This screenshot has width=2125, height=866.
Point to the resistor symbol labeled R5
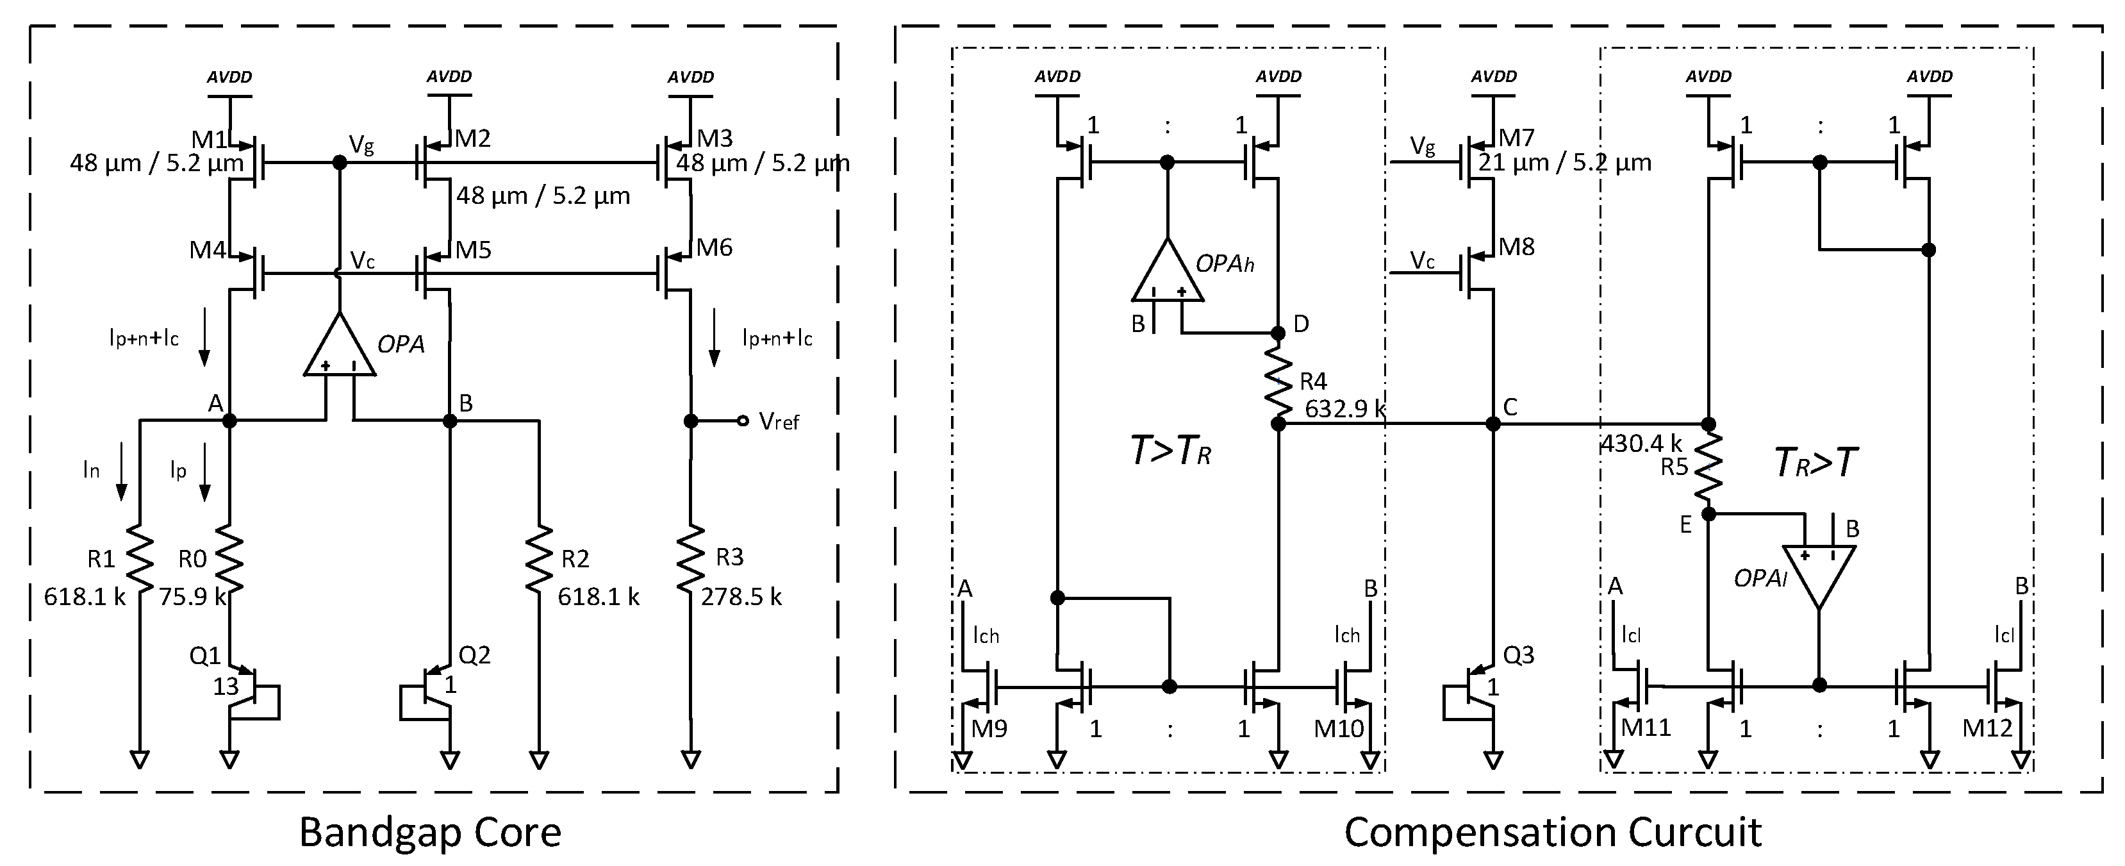coord(1708,469)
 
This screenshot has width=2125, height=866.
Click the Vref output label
coord(779,422)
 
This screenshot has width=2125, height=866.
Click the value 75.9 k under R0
coord(192,596)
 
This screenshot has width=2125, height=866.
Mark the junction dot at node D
coord(1278,333)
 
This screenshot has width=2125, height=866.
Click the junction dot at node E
coord(1708,514)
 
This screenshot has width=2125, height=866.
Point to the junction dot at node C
coord(1493,424)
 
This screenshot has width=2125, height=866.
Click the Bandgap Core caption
coord(430,831)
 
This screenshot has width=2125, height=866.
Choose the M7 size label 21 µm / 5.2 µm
coord(1564,162)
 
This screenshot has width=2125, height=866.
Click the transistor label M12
coord(1987,728)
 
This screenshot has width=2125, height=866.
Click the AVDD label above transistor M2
coord(449,77)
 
